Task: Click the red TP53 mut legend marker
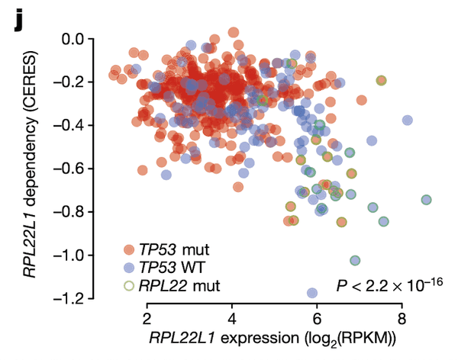pyautogui.click(x=130, y=249)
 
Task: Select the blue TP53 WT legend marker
pyautogui.click(x=130, y=268)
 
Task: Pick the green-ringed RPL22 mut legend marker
pyautogui.click(x=130, y=286)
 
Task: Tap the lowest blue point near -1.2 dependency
pyautogui.click(x=312, y=293)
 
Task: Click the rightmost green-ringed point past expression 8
pyautogui.click(x=426, y=200)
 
